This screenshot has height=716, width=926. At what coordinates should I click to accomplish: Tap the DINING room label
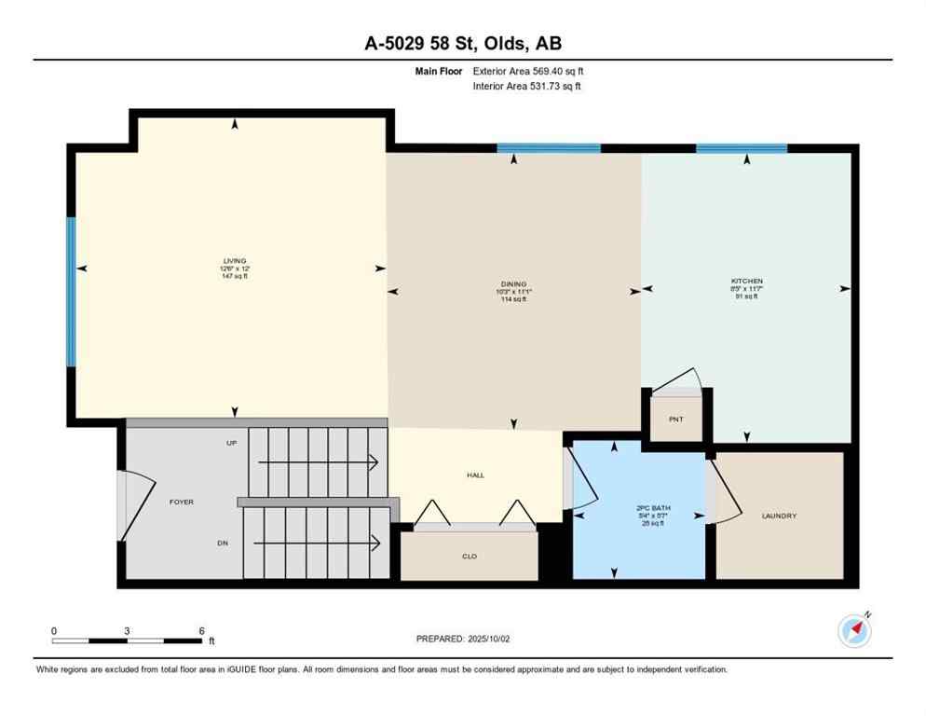513,283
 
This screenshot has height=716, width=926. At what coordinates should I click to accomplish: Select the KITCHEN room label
746,281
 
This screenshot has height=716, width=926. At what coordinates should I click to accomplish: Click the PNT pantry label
676,420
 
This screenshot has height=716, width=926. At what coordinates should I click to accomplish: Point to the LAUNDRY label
779,516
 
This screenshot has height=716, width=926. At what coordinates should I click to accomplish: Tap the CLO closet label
470,557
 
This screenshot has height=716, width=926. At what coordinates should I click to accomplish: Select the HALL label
475,475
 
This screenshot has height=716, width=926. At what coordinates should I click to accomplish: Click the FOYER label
181,502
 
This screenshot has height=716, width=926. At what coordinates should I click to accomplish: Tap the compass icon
854,630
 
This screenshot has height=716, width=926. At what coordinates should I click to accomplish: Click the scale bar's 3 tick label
127,630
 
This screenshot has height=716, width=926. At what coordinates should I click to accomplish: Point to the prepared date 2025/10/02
463,639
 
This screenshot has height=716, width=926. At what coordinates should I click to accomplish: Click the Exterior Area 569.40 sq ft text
528,71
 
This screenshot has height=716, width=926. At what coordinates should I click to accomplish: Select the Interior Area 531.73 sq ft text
528,87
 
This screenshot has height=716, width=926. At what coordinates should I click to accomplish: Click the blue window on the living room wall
71,291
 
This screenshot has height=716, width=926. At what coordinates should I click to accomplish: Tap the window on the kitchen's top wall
742,148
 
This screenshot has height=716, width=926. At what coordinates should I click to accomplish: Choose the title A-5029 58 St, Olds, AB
462,43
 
